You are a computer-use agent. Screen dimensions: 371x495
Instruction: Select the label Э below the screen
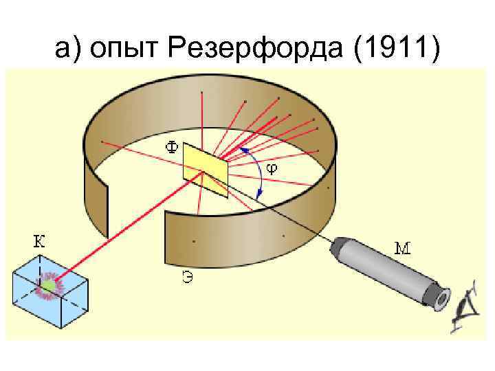(x=186, y=278)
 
